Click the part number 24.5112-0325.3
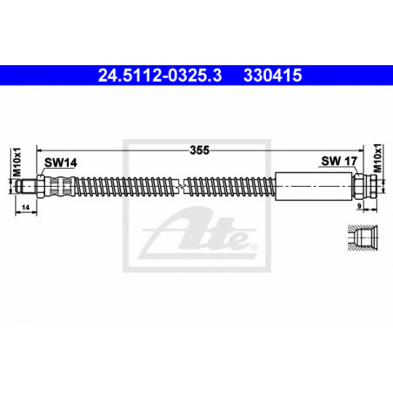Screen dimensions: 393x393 pyautogui.click(x=160, y=76)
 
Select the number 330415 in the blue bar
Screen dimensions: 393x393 pyautogui.click(x=273, y=76)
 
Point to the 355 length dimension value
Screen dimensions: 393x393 pyautogui.click(x=199, y=150)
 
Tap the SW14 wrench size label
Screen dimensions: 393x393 pyautogui.click(x=61, y=163)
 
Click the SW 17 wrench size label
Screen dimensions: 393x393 pyautogui.click(x=339, y=161)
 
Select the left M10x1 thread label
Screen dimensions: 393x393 pyautogui.click(x=17, y=162)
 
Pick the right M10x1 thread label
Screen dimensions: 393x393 pyautogui.click(x=377, y=158)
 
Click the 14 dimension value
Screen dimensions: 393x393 pyautogui.click(x=26, y=207)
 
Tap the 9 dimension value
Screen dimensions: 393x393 pyautogui.click(x=359, y=206)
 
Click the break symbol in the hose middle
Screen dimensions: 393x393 pyautogui.click(x=181, y=186)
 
